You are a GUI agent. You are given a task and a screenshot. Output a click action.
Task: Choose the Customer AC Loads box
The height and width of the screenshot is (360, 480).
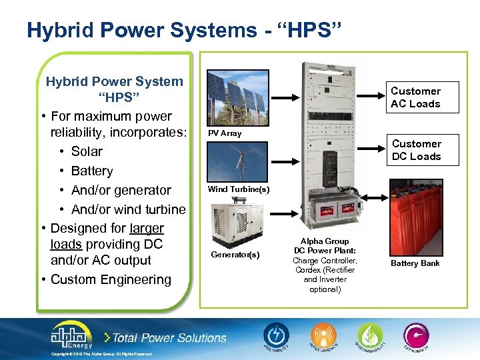pyautogui.click(x=415, y=97)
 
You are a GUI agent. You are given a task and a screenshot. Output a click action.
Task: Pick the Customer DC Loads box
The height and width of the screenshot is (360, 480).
pyautogui.click(x=416, y=150)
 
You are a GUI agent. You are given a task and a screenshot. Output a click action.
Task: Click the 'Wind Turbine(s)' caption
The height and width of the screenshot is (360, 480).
pyautogui.click(x=238, y=189)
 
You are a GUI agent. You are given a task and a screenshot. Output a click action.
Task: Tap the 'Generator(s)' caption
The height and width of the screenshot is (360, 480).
pyautogui.click(x=235, y=255)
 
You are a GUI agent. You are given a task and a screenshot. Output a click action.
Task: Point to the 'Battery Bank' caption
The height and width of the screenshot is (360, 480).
pyautogui.click(x=415, y=263)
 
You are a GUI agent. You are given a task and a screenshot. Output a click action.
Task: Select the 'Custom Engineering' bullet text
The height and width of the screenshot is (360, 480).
pyautogui.click(x=111, y=279)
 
